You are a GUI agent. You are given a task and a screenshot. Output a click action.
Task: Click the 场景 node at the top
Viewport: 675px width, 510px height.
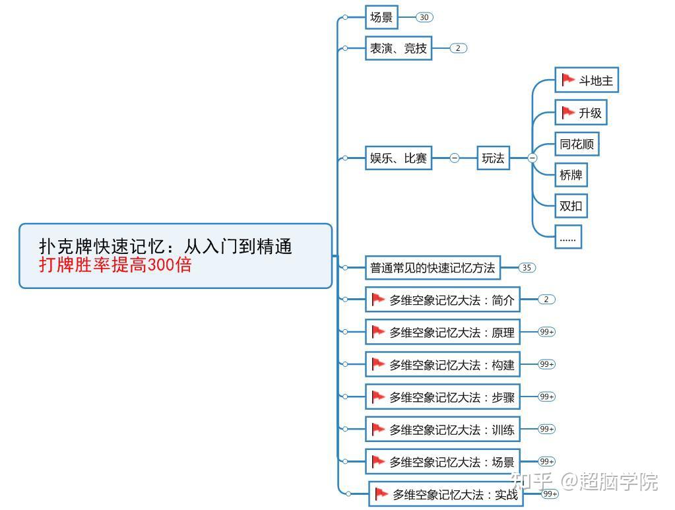click(x=381, y=18)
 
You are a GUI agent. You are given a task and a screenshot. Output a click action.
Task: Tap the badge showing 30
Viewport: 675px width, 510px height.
click(x=424, y=18)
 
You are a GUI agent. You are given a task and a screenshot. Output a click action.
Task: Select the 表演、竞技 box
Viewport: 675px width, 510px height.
click(x=399, y=48)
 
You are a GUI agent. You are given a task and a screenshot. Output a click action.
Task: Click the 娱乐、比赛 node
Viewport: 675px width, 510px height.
click(x=399, y=158)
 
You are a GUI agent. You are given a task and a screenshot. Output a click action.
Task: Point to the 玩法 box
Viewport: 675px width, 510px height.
click(x=493, y=158)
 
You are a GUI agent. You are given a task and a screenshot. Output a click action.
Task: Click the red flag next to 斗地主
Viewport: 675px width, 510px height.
click(x=567, y=80)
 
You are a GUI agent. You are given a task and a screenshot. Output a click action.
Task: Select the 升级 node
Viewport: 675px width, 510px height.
click(x=581, y=113)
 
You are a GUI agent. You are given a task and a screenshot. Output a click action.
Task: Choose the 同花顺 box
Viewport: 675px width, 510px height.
click(x=577, y=144)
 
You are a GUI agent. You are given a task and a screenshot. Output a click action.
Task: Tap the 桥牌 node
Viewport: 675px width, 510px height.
click(x=571, y=175)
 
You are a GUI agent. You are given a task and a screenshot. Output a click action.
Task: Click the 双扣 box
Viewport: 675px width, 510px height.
click(x=571, y=206)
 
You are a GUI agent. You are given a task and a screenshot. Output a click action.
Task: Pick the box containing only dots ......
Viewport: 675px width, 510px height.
click(x=567, y=238)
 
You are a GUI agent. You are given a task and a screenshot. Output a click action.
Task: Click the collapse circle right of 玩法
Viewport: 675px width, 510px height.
click(x=532, y=158)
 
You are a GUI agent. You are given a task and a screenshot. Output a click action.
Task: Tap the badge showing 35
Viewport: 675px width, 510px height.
click(x=527, y=268)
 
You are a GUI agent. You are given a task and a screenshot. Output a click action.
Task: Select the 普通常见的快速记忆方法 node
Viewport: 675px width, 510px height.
click(x=433, y=268)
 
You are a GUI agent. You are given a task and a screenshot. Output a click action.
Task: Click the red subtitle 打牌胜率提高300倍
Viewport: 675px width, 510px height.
click(x=115, y=265)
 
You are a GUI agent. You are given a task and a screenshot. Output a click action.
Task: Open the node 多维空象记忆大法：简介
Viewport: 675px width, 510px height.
click(x=443, y=300)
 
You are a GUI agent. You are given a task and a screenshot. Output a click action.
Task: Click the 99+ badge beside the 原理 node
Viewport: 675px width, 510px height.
click(x=547, y=332)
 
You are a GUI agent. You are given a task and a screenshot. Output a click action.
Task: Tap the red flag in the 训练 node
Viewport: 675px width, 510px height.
click(x=378, y=429)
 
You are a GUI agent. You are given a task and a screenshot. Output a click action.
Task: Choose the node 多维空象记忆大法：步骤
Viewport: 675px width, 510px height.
click(x=443, y=397)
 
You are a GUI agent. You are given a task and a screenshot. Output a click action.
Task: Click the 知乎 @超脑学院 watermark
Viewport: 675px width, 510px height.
click(x=585, y=482)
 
